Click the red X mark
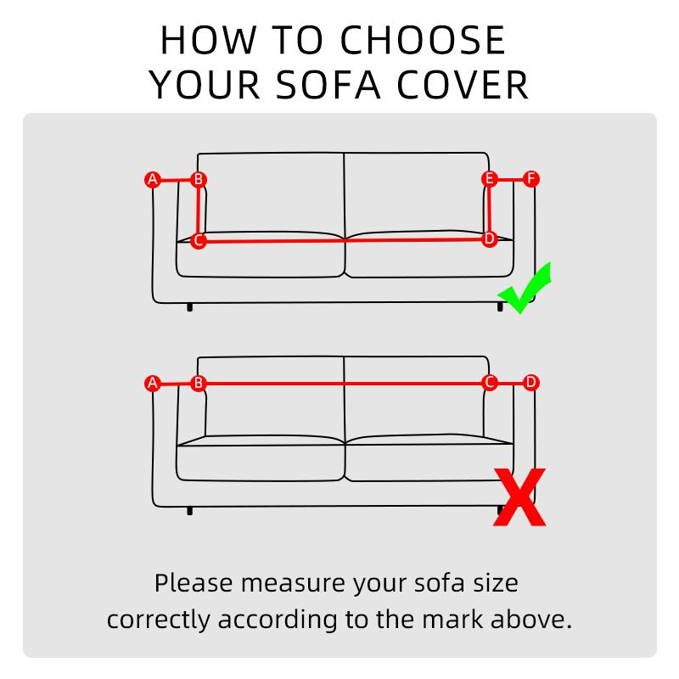coord(519,498)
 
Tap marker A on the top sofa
coord(153,179)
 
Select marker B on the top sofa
coord(198,179)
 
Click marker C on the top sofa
coord(198,241)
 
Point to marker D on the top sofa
coord(489,239)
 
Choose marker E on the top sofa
coord(489,179)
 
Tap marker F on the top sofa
coord(531,179)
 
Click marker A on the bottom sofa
coord(153,384)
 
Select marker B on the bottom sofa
coord(198,384)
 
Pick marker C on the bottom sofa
coord(489,383)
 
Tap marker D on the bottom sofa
coord(531,383)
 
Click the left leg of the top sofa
coord(189,307)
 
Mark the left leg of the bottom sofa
coord(189,511)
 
